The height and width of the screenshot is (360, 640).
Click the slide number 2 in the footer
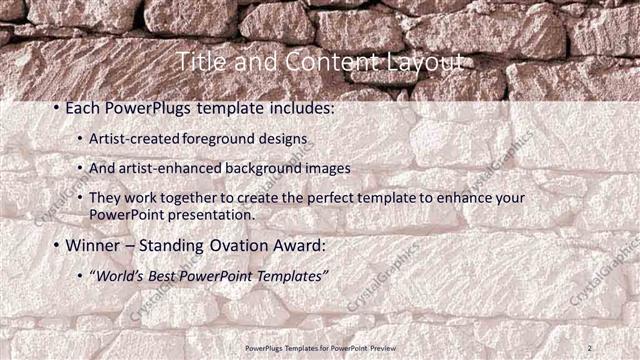click(x=590, y=347)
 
